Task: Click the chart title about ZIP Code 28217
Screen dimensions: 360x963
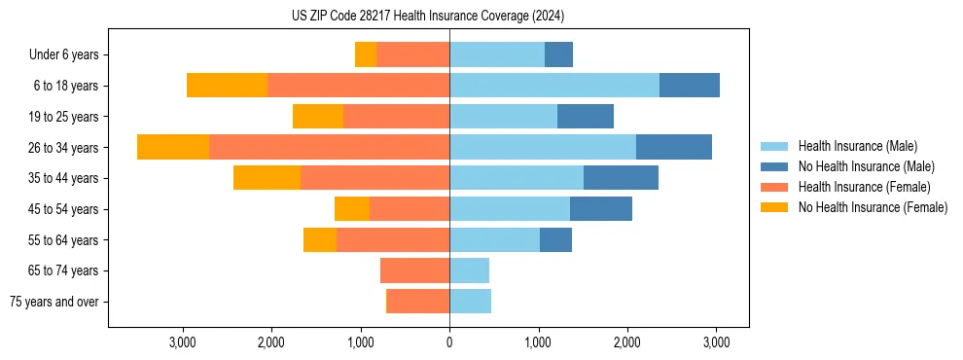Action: click(x=428, y=17)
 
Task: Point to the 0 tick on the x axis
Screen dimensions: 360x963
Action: click(x=449, y=342)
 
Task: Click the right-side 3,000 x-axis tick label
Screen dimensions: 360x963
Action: click(x=716, y=342)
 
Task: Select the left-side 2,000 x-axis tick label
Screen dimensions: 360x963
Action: click(x=271, y=342)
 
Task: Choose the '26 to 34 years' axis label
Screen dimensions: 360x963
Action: click(x=64, y=148)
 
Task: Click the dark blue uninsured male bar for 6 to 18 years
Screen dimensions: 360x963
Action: click(x=689, y=86)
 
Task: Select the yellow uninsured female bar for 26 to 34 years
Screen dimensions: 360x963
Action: click(x=173, y=147)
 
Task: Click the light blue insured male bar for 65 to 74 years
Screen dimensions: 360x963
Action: click(x=469, y=270)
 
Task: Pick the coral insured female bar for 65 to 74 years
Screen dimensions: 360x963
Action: click(x=414, y=270)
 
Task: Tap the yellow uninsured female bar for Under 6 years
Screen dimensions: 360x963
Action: click(x=366, y=54)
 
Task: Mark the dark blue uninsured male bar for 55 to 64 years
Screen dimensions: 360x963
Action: click(x=555, y=239)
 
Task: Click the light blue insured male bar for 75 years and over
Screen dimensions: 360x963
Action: click(x=470, y=302)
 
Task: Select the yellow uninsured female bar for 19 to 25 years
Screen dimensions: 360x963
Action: click(x=318, y=117)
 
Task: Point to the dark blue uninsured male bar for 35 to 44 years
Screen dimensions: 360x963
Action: click(x=621, y=178)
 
